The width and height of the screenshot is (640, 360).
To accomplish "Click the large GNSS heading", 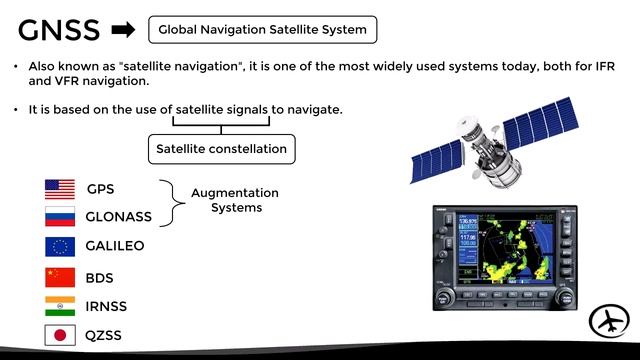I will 59,30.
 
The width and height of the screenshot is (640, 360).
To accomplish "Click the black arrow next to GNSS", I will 125,30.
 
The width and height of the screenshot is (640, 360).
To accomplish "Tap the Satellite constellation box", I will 221,150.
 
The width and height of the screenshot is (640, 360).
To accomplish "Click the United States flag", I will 60,189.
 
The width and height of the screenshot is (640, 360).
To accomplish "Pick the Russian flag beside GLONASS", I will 60,217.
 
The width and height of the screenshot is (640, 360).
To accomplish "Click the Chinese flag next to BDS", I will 60,277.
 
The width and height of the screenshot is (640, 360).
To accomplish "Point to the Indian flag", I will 60,306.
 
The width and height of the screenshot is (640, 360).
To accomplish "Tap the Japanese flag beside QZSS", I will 60,335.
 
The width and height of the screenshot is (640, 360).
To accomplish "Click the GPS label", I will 102,189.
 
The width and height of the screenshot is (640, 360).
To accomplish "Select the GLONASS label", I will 117,217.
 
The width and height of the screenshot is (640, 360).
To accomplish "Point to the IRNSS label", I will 106,306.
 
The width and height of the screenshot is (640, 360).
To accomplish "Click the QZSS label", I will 104,335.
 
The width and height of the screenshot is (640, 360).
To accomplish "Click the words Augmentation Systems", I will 235,200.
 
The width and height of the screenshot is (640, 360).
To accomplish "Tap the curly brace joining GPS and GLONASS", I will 174,202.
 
